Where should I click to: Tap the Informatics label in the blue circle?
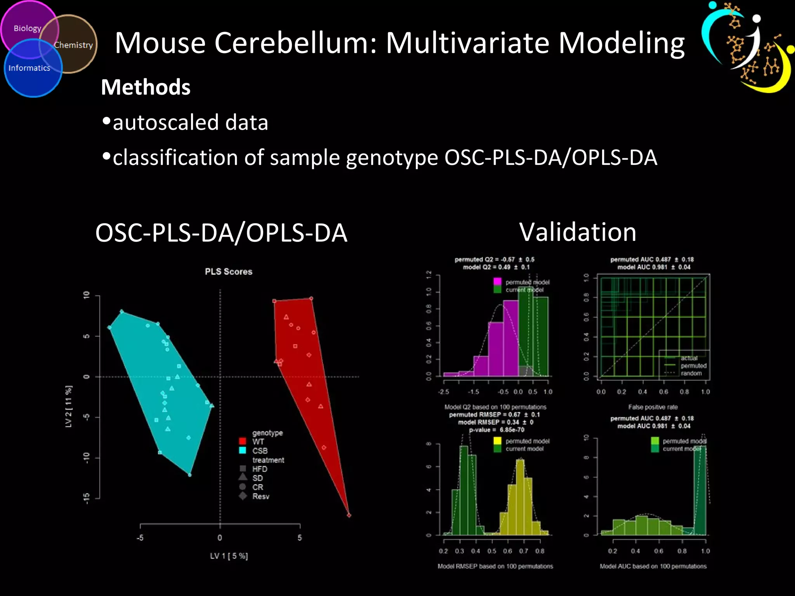click(x=29, y=68)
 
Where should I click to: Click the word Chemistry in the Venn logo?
click(x=73, y=45)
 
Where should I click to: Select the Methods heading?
click(x=146, y=87)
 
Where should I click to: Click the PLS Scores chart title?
click(x=229, y=272)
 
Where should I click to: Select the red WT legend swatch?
click(x=243, y=441)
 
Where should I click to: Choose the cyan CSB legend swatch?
click(x=243, y=450)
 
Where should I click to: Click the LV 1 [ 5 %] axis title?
click(x=229, y=556)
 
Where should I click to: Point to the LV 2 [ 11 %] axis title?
click(x=69, y=407)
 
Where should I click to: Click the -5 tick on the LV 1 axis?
click(x=140, y=538)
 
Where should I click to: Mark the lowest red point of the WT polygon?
click(x=349, y=515)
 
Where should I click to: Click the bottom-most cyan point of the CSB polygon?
click(x=189, y=475)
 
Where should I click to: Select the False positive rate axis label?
click(x=653, y=407)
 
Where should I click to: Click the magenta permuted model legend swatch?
click(x=497, y=282)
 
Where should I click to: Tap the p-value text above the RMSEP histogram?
click(x=496, y=430)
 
